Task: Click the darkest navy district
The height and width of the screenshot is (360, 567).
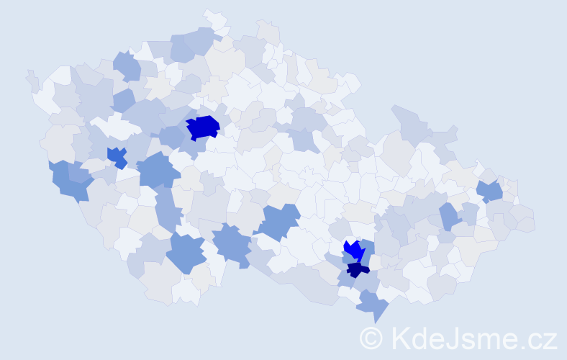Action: [x=358, y=270]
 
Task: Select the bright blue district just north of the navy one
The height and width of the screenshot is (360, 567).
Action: [x=353, y=250]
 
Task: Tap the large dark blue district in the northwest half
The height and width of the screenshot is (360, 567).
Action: [x=203, y=127]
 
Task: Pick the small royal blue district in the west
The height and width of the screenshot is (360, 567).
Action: [x=116, y=156]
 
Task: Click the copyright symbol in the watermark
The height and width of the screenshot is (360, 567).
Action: [x=372, y=338]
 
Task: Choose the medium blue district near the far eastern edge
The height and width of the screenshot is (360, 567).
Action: [x=490, y=191]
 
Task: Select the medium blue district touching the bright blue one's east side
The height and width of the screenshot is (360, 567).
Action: [x=367, y=252]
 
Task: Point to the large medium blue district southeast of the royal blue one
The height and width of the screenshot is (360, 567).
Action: [x=158, y=171]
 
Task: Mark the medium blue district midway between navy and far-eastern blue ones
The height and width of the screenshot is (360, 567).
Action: [x=449, y=215]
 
